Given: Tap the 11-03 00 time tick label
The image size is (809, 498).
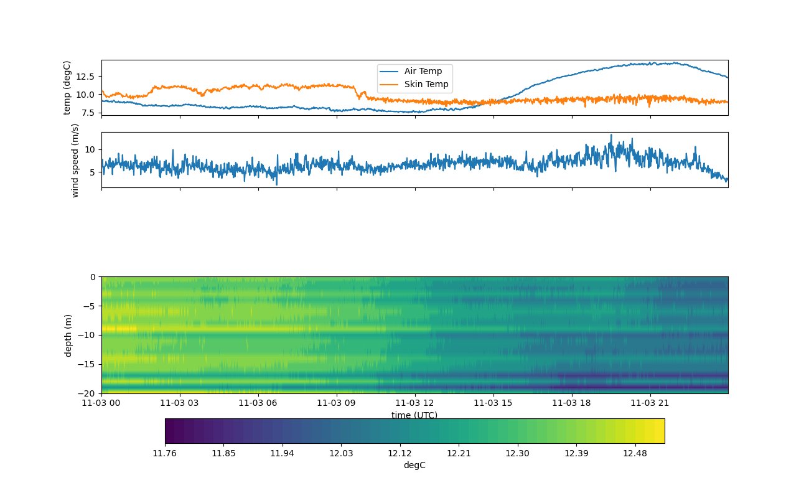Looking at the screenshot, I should (101, 403).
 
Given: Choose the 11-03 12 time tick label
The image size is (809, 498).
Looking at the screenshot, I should (415, 403).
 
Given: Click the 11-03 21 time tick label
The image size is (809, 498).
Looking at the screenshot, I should (650, 403).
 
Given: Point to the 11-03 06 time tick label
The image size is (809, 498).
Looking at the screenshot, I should (258, 403).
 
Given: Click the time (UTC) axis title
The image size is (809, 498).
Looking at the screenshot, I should (414, 415).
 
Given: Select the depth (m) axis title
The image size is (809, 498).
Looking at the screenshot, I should (68, 335).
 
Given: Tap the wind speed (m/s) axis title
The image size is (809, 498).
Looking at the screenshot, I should (75, 160).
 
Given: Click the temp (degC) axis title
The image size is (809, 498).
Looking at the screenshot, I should (67, 88).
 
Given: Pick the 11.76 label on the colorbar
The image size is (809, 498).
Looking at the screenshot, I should (165, 453).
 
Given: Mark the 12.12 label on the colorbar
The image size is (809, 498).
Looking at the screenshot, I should (400, 453).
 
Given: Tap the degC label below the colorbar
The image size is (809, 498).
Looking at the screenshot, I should (414, 465).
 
